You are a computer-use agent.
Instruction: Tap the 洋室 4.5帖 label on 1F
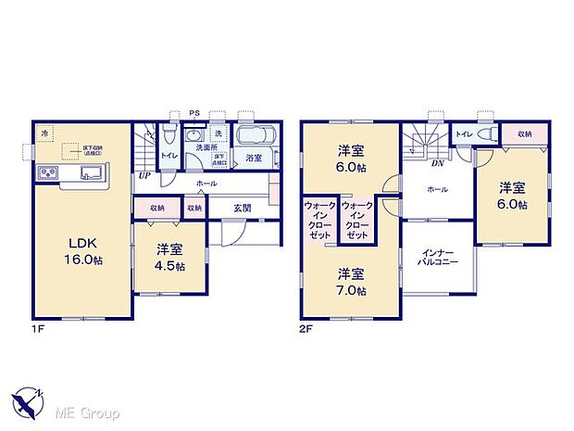168,257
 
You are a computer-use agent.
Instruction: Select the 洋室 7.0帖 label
350,282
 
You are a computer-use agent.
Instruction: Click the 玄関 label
243,209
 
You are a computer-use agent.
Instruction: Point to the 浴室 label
254,159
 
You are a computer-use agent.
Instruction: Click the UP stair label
144,174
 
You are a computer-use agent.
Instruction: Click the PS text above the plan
194,114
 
